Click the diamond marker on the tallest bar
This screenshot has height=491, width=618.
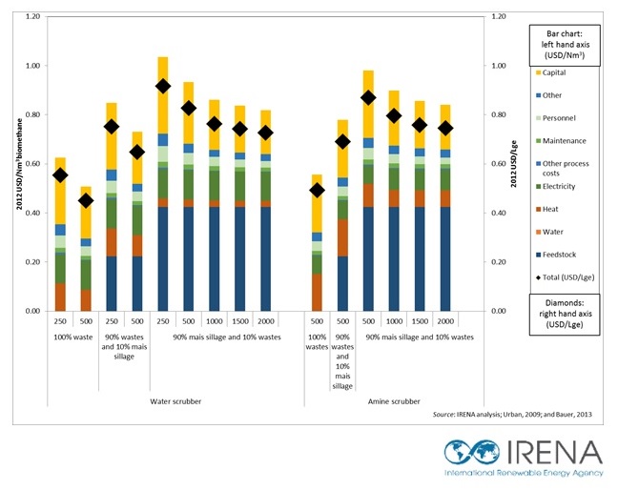pyautogui.click(x=163, y=87)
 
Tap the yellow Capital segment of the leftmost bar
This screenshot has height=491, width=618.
pyautogui.click(x=60, y=191)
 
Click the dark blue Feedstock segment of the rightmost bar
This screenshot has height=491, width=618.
pyautogui.click(x=445, y=258)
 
